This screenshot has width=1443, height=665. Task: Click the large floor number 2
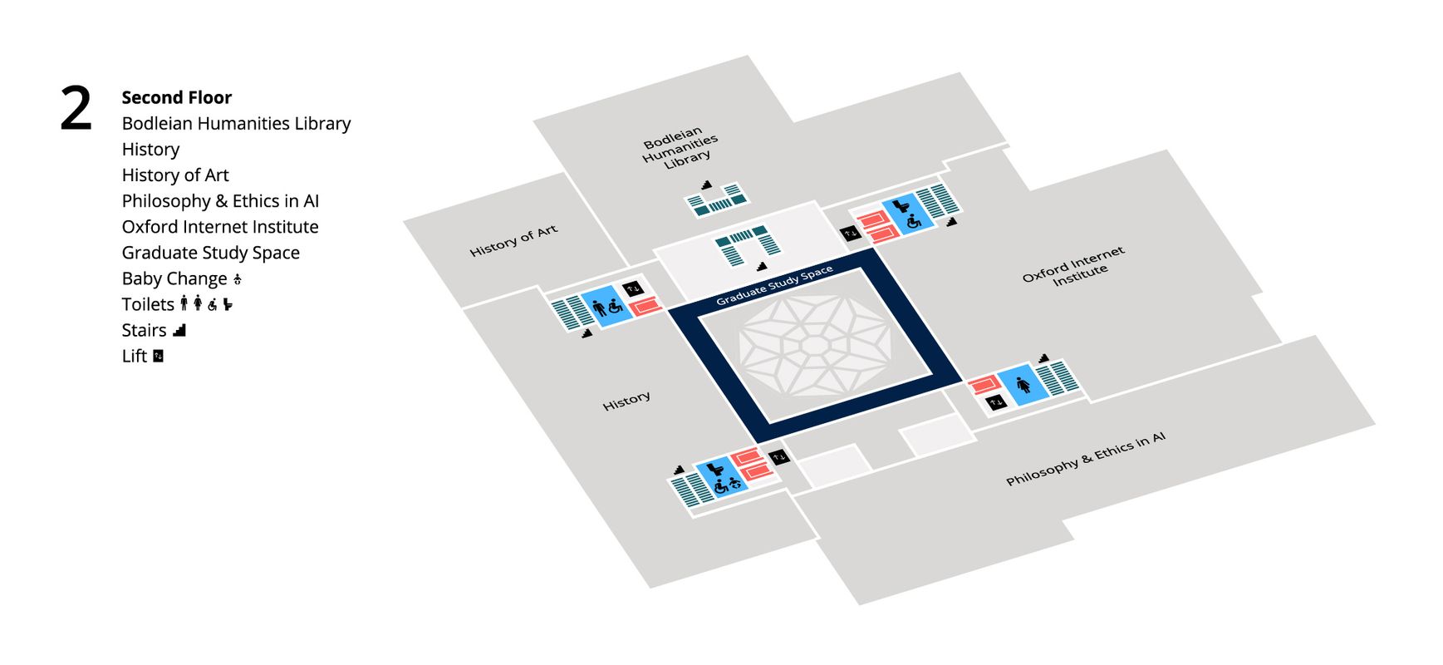(x=76, y=109)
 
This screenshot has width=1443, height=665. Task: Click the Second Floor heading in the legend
(x=176, y=97)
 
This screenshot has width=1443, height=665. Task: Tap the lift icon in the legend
(x=158, y=356)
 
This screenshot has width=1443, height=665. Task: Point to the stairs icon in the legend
(x=179, y=330)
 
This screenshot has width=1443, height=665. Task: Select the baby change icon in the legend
(x=238, y=279)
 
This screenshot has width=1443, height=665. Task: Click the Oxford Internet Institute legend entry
(x=219, y=227)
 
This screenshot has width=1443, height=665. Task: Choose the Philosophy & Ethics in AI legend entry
(x=219, y=201)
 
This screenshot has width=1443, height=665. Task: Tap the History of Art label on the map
(x=513, y=240)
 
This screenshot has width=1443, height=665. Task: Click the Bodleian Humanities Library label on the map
(x=680, y=148)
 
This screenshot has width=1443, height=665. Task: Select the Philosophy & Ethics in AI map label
(x=1085, y=458)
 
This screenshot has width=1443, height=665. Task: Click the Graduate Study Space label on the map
(x=774, y=286)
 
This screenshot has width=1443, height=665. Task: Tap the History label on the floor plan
(x=626, y=401)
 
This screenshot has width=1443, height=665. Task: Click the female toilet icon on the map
(x=1023, y=385)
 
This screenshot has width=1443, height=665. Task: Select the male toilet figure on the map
(x=600, y=309)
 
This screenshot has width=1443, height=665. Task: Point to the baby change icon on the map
(x=734, y=483)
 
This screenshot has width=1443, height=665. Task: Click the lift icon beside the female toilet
(x=996, y=402)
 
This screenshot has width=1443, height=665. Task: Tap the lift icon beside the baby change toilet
(x=778, y=457)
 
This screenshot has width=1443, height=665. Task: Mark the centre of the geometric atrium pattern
(x=815, y=344)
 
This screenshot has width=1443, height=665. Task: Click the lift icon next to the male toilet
(x=633, y=288)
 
